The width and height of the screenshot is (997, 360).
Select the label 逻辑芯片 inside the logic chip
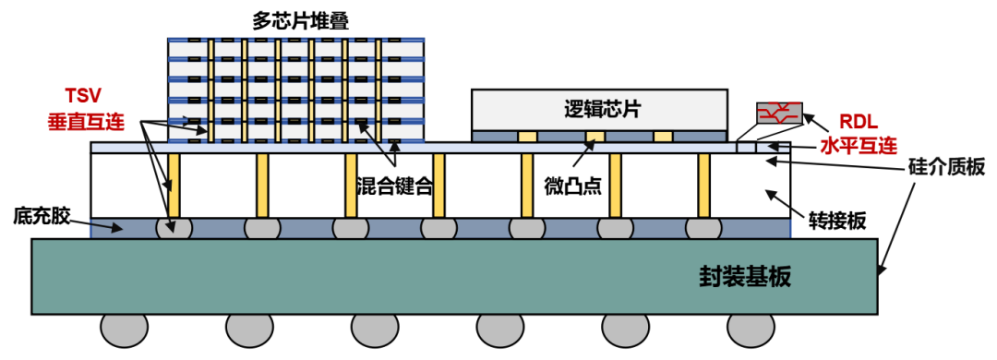(602, 109)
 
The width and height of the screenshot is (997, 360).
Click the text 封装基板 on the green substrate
(746, 276)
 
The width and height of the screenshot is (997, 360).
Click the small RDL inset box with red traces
(778, 113)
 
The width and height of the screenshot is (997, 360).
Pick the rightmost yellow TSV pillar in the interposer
(703, 186)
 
